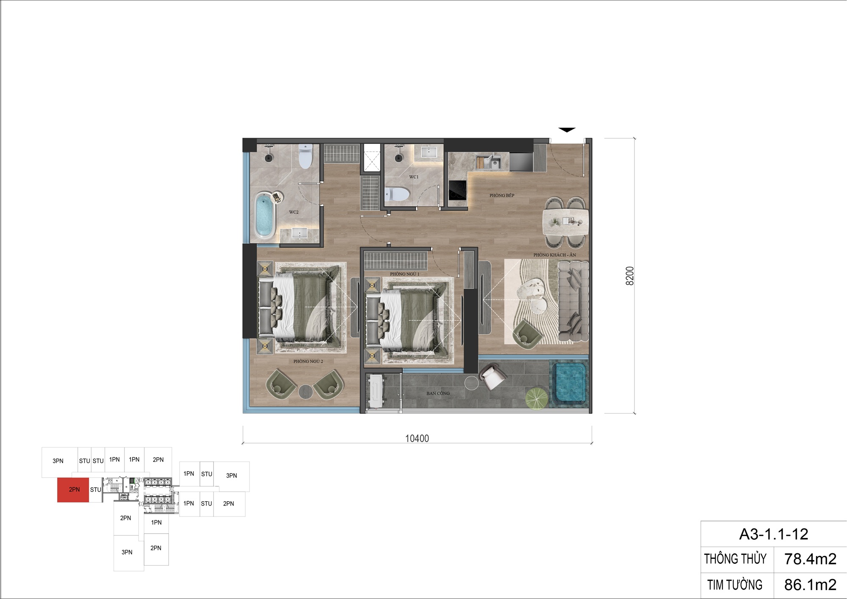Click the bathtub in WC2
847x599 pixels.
click(x=264, y=215)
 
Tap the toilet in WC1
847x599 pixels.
click(x=398, y=194)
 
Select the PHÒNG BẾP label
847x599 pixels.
click(x=502, y=196)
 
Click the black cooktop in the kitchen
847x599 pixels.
click(x=457, y=190)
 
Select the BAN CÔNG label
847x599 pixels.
click(x=438, y=393)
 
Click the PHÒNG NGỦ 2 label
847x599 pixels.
click(x=308, y=362)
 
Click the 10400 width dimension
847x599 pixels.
click(x=417, y=439)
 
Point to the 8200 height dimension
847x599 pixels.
click(x=630, y=276)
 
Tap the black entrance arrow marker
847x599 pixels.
click(x=567, y=130)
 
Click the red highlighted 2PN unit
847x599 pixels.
click(x=73, y=490)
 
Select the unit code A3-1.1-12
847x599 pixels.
click(x=774, y=534)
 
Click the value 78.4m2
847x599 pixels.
click(x=810, y=559)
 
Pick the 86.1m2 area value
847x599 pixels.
click(x=810, y=585)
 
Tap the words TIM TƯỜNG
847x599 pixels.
click(x=735, y=585)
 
